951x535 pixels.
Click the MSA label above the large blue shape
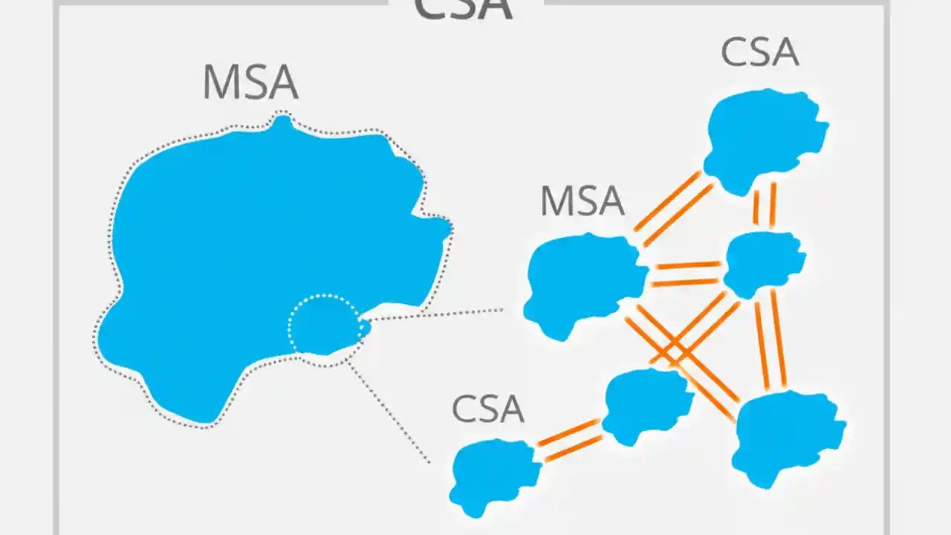tap(250, 83)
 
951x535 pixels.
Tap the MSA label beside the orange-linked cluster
tap(582, 201)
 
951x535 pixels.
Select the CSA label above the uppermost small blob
tap(759, 53)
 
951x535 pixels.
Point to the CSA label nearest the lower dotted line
tap(488, 409)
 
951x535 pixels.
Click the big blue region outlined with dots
tap(245, 245)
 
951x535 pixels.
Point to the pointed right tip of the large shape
tap(446, 227)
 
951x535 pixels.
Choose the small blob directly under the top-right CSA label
tap(765, 137)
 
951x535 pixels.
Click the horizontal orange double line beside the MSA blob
tap(685, 273)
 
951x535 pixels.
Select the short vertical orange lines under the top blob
tap(765, 204)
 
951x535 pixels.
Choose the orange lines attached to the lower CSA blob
tap(569, 440)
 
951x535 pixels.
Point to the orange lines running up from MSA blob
tap(672, 209)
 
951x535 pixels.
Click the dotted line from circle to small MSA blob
tap(435, 315)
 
